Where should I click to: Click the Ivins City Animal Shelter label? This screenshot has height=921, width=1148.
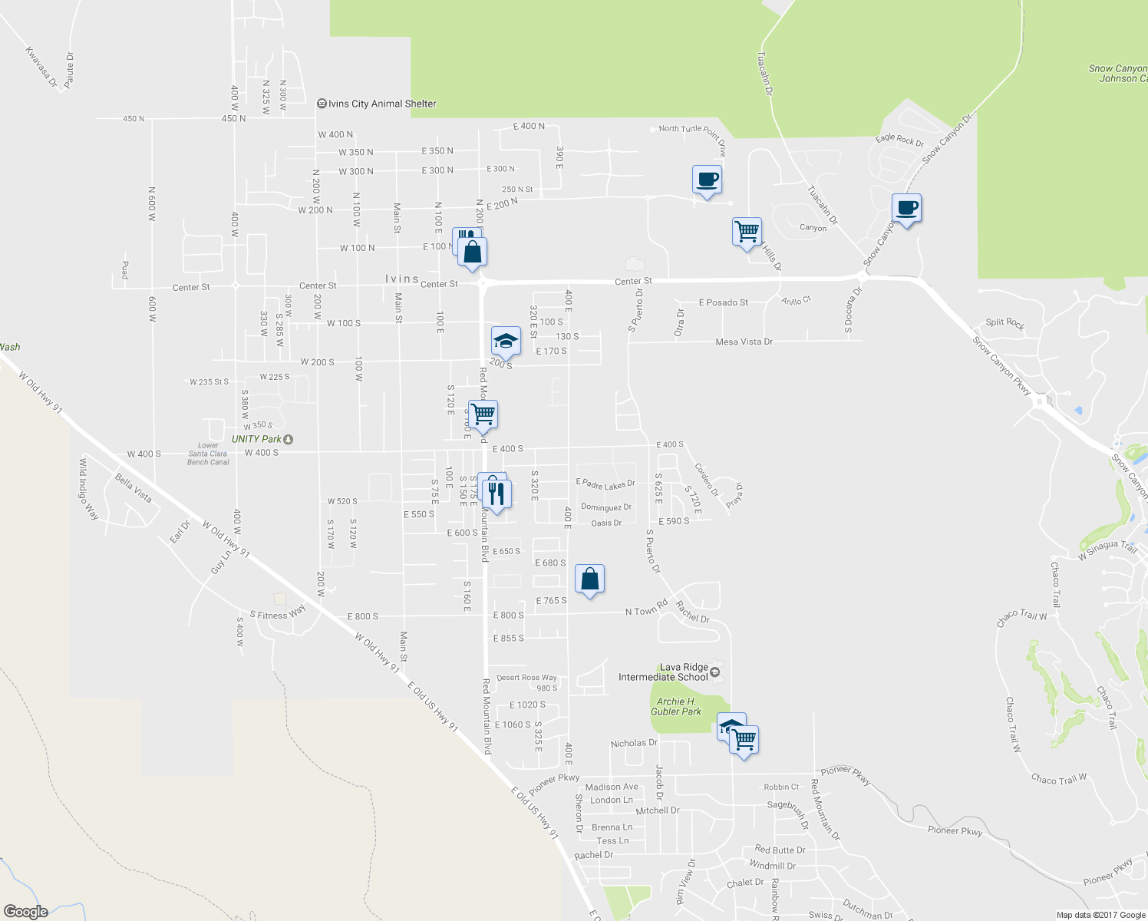(x=378, y=104)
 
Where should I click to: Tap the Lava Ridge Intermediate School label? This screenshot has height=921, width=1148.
(x=664, y=672)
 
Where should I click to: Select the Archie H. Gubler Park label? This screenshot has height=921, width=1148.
(x=675, y=707)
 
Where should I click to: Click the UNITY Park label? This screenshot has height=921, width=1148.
(x=257, y=439)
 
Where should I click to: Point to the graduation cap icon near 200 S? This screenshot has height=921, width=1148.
(x=506, y=341)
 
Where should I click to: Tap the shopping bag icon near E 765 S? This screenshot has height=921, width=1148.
(x=589, y=579)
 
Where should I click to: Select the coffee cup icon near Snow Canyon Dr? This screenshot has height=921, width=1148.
(x=906, y=208)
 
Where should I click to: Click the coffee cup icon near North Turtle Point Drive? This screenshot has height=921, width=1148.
(x=707, y=180)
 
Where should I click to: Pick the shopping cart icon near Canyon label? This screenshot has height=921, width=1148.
(x=747, y=231)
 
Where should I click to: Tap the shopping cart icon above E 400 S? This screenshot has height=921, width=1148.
(x=483, y=414)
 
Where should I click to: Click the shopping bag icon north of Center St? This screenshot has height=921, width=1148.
(x=473, y=251)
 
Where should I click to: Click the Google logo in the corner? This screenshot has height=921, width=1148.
(x=25, y=912)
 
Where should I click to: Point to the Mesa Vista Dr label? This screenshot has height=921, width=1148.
(x=744, y=342)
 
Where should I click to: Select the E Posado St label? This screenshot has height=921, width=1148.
(x=723, y=302)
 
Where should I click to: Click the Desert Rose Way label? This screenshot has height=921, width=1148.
(x=526, y=678)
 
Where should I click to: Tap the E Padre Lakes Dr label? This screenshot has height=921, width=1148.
(x=605, y=484)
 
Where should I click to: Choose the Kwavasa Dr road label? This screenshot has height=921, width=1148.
(x=41, y=67)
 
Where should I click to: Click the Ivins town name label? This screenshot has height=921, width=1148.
(x=402, y=279)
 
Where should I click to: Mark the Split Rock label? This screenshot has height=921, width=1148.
(x=1004, y=323)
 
